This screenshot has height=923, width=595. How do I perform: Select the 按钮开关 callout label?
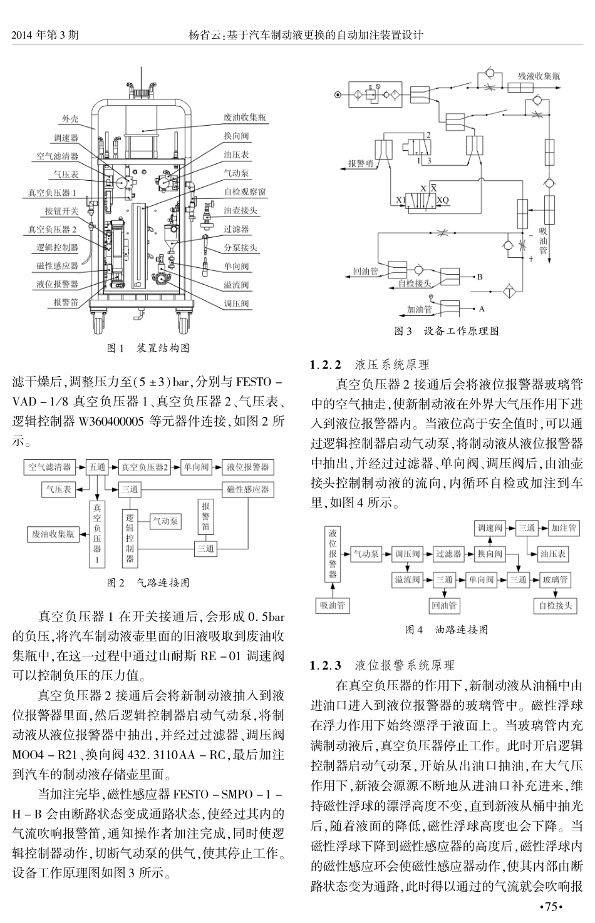(x=61, y=211)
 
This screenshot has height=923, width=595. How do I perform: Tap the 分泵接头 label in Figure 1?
(x=240, y=247)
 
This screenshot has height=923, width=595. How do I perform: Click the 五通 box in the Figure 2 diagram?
(x=98, y=467)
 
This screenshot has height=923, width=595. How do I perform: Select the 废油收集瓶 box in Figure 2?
(x=53, y=534)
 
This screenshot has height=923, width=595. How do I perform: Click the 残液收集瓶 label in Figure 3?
(x=539, y=76)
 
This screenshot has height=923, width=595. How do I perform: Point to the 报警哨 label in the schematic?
(x=361, y=164)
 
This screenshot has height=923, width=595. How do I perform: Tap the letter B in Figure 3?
(x=480, y=276)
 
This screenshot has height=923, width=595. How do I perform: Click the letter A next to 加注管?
(x=481, y=309)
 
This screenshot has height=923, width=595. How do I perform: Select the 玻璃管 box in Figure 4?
(x=556, y=579)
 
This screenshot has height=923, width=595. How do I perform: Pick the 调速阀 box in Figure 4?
(x=490, y=528)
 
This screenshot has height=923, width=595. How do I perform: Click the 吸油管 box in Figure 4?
(x=332, y=605)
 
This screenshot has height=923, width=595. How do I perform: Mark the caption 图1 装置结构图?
(x=148, y=348)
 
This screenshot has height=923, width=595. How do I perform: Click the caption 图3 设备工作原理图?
(x=447, y=330)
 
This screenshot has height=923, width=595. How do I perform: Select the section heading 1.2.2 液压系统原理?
(x=373, y=364)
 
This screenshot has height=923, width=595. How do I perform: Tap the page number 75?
(x=551, y=907)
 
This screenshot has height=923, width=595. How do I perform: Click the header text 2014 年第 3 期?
(x=46, y=36)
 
